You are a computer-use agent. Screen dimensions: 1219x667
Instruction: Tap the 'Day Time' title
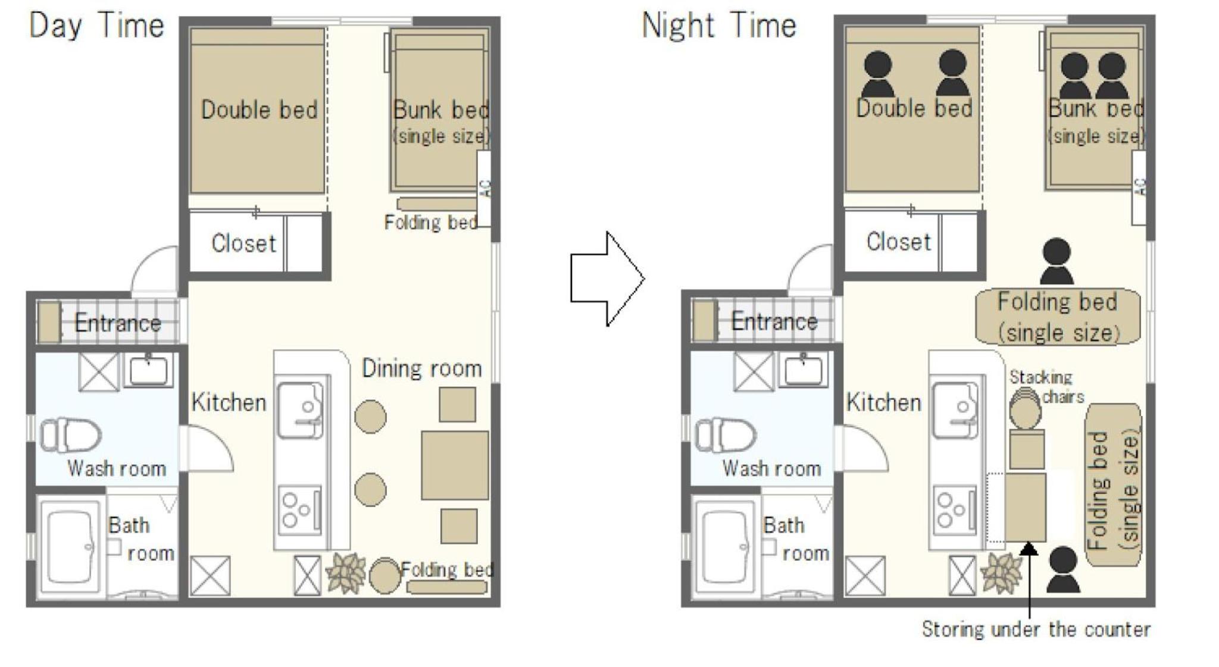(96, 26)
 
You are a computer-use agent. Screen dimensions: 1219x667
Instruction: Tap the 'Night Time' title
(719, 26)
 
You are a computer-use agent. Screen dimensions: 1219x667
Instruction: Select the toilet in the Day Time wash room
(70, 435)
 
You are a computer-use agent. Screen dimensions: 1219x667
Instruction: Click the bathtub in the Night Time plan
(726, 547)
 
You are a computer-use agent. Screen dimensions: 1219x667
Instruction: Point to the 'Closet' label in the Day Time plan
(243, 243)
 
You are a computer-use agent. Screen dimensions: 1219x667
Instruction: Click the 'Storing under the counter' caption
(1036, 629)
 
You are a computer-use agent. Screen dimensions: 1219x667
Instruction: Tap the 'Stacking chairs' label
(1046, 387)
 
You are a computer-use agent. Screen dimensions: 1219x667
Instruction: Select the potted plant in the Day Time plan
(346, 574)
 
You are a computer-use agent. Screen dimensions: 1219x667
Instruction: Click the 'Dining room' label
(422, 369)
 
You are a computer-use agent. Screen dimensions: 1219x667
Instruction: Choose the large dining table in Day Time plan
(455, 465)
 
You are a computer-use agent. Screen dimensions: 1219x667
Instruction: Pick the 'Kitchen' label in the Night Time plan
(884, 403)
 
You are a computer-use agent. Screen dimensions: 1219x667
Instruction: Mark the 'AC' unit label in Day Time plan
(486, 189)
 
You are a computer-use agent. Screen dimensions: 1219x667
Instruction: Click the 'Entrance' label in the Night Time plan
(774, 322)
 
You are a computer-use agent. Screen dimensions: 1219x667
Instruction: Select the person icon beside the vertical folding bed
(1063, 569)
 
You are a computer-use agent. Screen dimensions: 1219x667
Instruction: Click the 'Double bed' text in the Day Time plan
(260, 110)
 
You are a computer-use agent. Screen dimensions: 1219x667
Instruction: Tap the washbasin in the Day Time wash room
(148, 369)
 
